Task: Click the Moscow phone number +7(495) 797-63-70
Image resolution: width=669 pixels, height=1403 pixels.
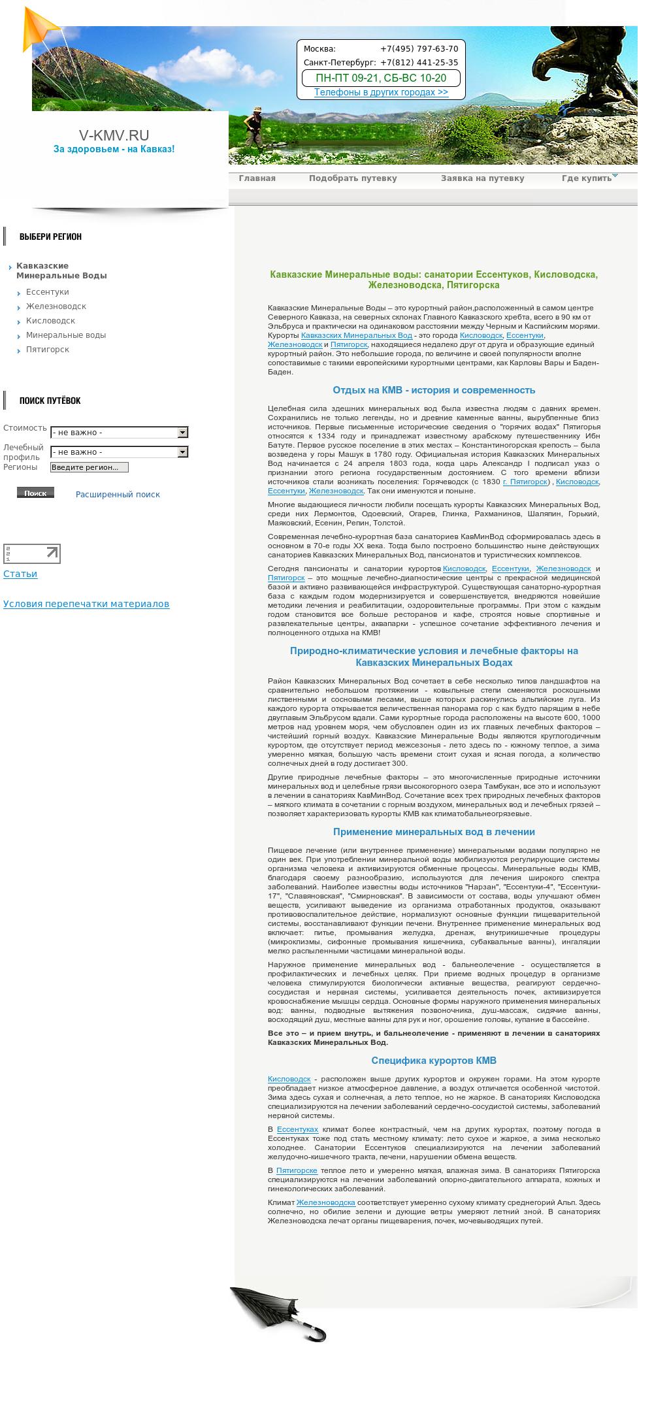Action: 419,49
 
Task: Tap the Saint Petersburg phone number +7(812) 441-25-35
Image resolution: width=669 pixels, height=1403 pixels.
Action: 419,63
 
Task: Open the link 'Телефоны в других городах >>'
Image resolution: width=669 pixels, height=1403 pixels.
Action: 381,92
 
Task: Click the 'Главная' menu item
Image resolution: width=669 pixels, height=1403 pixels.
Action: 257,178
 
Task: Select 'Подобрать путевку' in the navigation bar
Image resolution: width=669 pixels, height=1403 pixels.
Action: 353,178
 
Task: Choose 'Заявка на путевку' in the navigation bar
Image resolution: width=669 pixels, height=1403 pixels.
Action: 482,178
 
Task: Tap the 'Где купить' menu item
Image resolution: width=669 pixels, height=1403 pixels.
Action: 587,178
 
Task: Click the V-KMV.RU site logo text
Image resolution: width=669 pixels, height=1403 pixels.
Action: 114,135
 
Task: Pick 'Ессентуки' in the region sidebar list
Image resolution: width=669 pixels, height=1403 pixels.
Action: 47,292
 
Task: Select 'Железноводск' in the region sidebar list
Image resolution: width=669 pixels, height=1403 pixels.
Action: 56,306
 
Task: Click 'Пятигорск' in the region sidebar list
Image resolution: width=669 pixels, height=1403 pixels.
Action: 47,350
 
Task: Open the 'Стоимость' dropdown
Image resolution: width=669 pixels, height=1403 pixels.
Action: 119,433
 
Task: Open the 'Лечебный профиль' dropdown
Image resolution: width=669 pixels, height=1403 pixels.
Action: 119,452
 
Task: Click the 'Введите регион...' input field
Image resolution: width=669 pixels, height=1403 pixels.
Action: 90,467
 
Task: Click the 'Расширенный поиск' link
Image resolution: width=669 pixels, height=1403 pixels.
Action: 118,495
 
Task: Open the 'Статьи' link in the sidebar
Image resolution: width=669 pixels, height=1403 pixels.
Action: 20,574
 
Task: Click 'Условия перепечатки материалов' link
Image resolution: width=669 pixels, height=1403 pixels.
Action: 86,604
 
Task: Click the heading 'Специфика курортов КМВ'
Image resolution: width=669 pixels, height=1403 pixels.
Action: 434,1061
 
